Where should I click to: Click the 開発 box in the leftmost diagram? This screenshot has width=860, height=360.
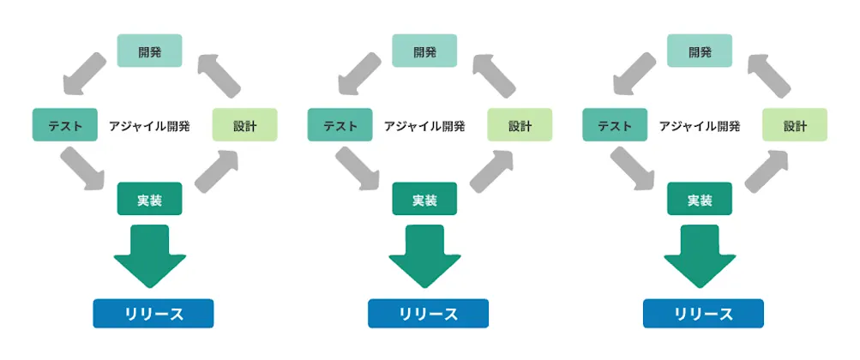(x=149, y=51)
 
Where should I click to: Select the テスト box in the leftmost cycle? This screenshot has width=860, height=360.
(x=65, y=125)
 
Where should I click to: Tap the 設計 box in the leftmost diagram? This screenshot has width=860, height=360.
(x=244, y=125)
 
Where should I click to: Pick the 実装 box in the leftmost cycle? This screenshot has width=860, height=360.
(x=149, y=199)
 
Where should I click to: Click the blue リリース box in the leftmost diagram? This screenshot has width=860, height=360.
(x=153, y=313)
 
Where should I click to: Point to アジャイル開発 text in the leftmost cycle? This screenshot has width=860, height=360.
(x=149, y=126)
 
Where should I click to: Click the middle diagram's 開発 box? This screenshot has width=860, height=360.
(x=424, y=51)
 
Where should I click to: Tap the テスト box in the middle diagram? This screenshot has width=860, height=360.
(x=340, y=125)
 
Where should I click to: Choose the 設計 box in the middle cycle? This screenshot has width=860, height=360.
(x=520, y=125)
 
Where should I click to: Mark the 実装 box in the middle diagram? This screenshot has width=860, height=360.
(x=424, y=199)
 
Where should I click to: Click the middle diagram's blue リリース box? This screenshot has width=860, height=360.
(x=428, y=313)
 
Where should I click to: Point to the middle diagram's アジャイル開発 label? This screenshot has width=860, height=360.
(x=424, y=126)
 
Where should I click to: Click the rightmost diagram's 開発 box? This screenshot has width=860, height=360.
(x=700, y=51)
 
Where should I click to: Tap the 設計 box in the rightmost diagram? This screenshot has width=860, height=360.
(x=795, y=125)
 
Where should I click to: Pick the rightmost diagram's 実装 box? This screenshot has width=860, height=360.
(x=700, y=199)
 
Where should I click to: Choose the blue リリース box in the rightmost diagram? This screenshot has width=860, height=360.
(x=703, y=313)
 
